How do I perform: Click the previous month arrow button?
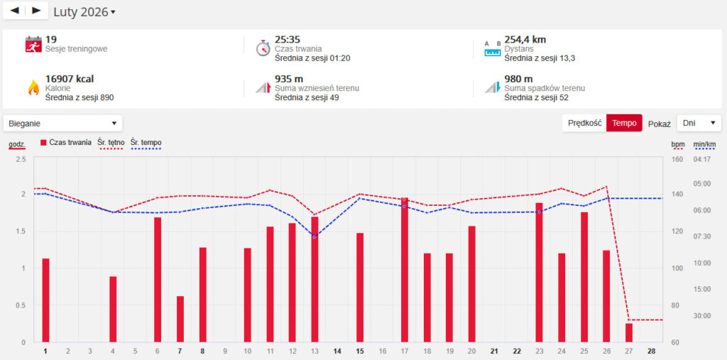coord(15,11)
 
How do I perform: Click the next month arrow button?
coord(36,11)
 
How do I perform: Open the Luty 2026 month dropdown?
coord(84,12)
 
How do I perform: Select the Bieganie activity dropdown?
coord(62,123)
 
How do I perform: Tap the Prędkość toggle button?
coord(585,123)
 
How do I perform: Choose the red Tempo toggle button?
coord(624,123)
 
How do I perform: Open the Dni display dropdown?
coord(699,123)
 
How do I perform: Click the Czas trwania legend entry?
coord(66,143)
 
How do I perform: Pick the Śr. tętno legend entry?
coord(111,143)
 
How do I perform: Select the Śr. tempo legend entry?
coord(146,143)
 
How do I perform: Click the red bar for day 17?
coord(405,270)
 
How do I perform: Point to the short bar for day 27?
coord(629,333)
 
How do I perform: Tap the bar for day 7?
coord(180,319)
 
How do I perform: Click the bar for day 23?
coord(539,272)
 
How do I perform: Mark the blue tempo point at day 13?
coord(315,236)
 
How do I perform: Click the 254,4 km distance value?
coord(525,40)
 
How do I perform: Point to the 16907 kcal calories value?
coord(70,79)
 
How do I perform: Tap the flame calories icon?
coord(33,87)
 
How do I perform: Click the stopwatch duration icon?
coord(263,48)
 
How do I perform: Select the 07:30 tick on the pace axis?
coord(701,236)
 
